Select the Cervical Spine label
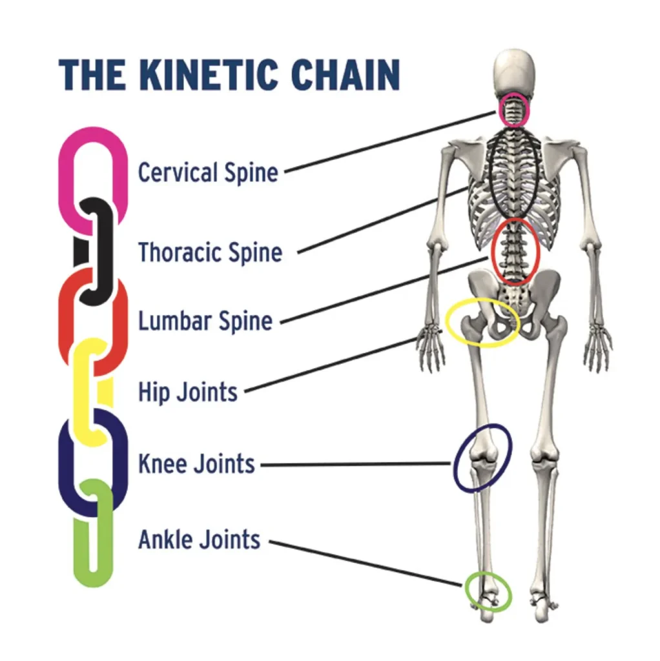point(209,172)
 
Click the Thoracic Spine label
point(211,252)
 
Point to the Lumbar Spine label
point(205,321)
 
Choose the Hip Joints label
point(188,392)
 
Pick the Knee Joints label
point(196,463)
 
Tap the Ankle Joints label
point(199,540)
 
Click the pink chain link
point(67,177)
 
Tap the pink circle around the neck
point(500,110)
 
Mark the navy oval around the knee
point(455,463)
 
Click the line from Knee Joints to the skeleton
point(356,464)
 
